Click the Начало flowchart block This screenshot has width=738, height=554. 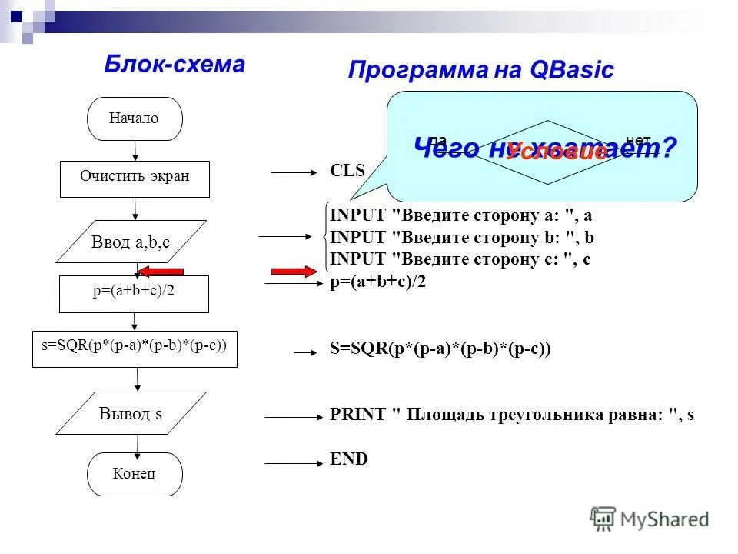135,118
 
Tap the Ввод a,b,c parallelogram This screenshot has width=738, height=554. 131,242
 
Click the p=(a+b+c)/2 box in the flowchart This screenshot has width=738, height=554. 135,294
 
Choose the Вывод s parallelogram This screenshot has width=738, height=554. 131,413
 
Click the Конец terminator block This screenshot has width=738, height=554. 135,473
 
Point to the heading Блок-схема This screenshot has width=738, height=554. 175,65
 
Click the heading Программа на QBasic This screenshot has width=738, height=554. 480,70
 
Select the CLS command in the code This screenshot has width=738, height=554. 347,171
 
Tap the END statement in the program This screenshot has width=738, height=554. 349,459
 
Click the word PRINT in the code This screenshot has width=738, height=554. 357,415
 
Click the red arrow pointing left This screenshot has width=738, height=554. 161,271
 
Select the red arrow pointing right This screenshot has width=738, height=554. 293,271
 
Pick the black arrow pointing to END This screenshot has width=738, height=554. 293,463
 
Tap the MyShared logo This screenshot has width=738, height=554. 650,518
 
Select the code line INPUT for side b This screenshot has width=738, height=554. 462,237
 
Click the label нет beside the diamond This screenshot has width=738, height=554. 638,139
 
